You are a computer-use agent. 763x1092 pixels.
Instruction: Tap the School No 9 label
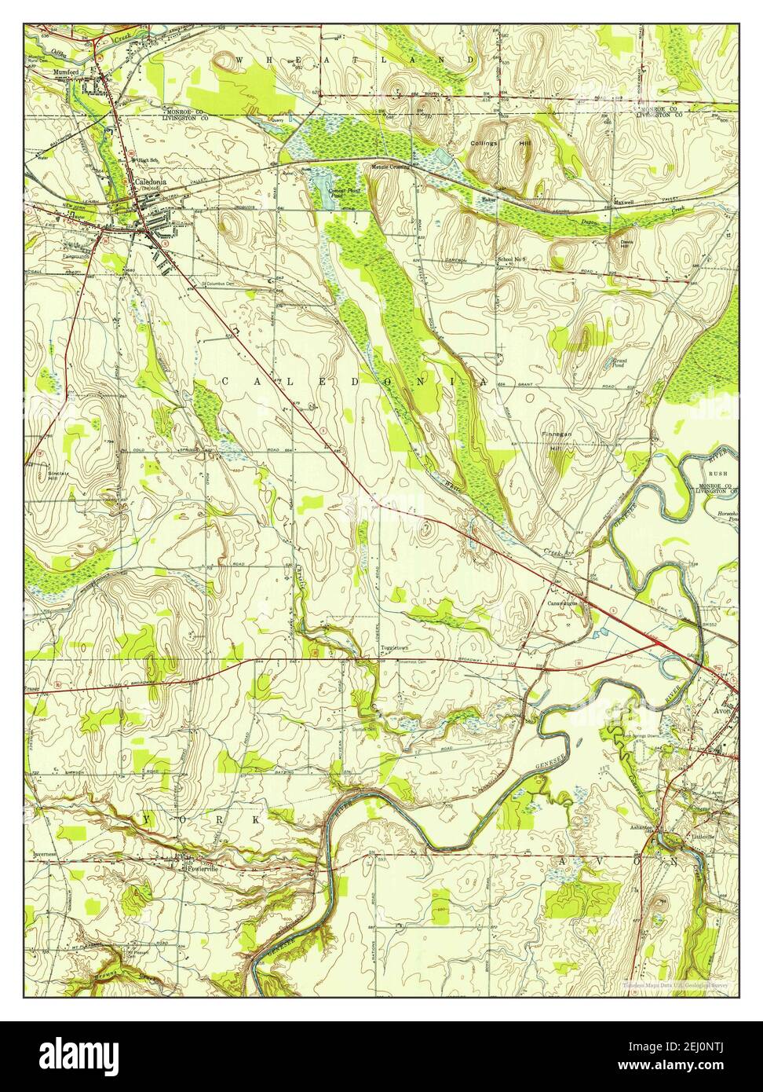coord(515,259)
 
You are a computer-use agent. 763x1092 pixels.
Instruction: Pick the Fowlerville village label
coord(201,869)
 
